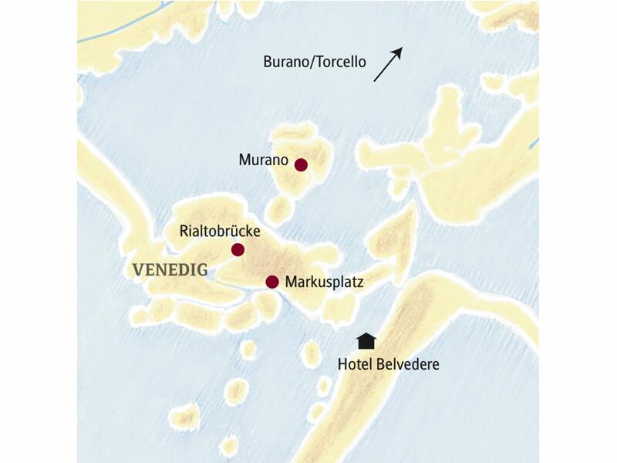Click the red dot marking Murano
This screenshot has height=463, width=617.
301,164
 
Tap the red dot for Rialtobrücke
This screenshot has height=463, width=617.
238,249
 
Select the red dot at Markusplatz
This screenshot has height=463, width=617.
271,282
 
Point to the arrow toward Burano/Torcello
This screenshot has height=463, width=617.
388,64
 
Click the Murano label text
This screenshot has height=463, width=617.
263,161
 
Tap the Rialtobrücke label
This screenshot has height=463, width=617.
220,231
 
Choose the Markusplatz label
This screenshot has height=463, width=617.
323,282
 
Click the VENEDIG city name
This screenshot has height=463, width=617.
170,270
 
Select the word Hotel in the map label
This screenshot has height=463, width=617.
355,363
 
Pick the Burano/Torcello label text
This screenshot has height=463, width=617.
315,62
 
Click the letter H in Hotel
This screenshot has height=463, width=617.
342,363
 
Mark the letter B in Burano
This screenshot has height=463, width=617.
267,62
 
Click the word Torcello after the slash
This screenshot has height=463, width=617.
342,62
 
